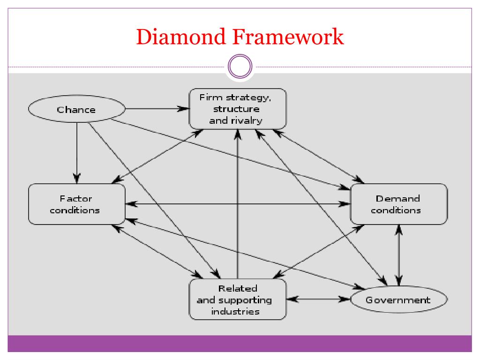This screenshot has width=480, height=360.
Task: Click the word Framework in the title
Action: coord(288,37)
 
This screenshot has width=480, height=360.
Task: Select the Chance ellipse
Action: coord(76,109)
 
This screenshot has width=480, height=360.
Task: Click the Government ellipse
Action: coord(398,300)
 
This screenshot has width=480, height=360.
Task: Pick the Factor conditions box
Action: coord(76,204)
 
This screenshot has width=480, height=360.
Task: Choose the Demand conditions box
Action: coord(398,204)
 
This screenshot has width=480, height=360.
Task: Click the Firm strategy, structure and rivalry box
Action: coord(238,109)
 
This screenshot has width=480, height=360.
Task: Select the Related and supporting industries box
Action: coord(238,300)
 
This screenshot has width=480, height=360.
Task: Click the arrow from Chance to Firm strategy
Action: coord(157,109)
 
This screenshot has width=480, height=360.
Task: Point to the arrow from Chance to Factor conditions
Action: coord(77,153)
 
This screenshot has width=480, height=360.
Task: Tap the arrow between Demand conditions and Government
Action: coord(398,255)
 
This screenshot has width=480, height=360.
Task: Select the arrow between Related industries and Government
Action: coord(318,299)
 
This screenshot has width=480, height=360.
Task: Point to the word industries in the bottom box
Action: coord(235,312)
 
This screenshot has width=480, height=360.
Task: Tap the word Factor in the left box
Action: coord(76,199)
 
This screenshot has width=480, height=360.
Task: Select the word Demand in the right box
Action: coord(397,199)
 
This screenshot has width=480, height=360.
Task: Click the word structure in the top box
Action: coord(236,109)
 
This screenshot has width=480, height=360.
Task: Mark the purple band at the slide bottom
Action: coord(240,344)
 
